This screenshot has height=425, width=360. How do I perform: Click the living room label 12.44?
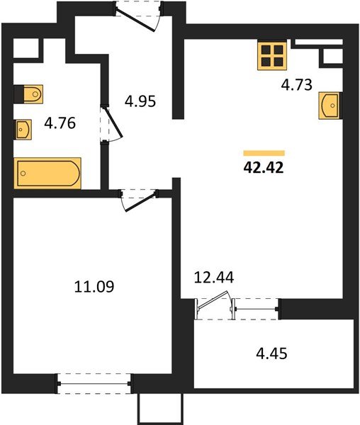click(215, 277)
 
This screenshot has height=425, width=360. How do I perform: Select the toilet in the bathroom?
click(30, 93)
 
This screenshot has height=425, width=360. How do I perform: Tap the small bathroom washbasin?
click(24, 129)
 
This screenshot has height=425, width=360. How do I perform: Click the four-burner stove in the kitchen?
click(271, 55)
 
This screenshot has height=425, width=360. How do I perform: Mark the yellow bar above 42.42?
click(264, 153)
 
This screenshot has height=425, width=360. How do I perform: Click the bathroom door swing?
click(108, 126)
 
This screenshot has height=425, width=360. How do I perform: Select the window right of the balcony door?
click(256, 307)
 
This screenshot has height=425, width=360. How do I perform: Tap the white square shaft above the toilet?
click(25, 48)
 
